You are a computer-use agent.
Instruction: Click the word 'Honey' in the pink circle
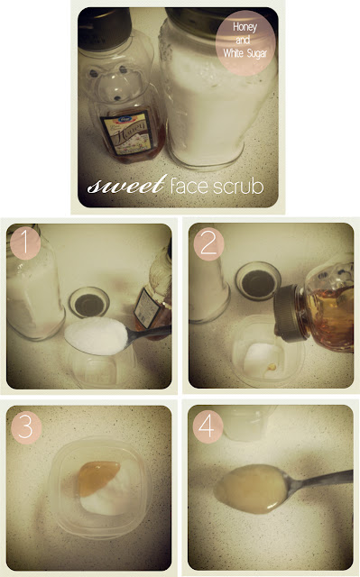tap(245, 27)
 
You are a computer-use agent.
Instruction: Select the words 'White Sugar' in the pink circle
tap(245, 53)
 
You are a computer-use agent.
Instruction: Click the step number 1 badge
tap(25, 243)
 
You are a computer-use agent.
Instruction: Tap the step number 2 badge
tap(208, 244)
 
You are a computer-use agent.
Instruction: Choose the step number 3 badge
tap(26, 427)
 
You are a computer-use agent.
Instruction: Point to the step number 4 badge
tap(208, 426)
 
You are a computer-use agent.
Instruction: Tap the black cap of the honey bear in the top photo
tap(105, 29)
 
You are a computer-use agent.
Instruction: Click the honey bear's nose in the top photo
tap(118, 98)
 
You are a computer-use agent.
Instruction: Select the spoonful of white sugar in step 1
tap(97, 335)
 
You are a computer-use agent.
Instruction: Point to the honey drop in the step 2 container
tap(272, 367)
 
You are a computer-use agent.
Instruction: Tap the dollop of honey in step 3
tap(98, 477)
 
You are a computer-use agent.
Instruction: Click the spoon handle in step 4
tap(319, 481)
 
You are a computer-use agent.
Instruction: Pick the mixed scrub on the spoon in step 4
tap(251, 490)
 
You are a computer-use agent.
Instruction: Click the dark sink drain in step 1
tap(88, 303)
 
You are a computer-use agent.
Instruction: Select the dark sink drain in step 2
tap(258, 281)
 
